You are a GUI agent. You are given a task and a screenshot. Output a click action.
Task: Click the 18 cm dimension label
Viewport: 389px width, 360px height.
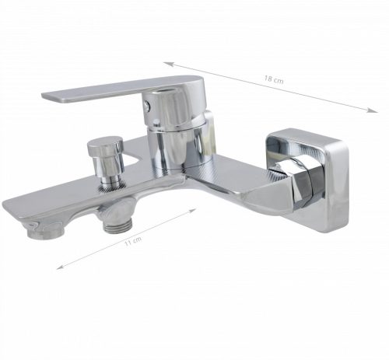(x=274, y=79)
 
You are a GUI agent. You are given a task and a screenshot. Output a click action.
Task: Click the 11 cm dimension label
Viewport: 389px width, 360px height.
(x=133, y=241)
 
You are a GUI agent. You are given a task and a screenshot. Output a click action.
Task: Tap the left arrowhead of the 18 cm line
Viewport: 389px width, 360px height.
(x=168, y=64)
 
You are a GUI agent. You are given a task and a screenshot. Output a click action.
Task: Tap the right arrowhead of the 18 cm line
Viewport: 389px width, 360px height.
(x=372, y=110)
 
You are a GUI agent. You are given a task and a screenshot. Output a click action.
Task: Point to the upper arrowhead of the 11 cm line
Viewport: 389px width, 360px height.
(x=192, y=210)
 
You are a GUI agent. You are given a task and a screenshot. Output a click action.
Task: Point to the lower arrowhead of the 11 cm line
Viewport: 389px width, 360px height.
(x=60, y=267)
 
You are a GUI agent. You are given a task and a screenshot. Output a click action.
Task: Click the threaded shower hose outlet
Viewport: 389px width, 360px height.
(x=118, y=225)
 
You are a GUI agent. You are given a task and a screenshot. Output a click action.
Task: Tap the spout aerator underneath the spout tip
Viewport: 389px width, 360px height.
(x=44, y=232)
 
